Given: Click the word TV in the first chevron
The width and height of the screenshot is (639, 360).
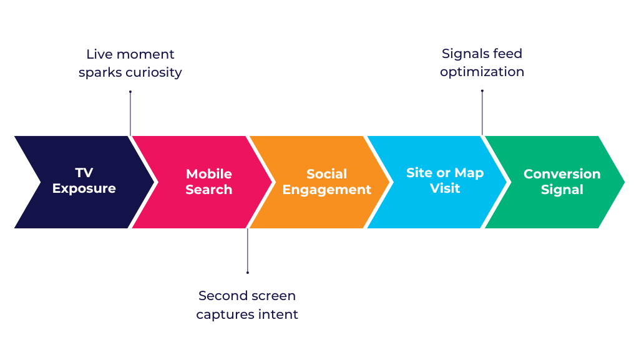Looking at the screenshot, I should pos(84,173).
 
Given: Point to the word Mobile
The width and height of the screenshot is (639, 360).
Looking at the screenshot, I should pos(208,174).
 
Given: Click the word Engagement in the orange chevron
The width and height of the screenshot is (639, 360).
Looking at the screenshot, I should pos(326,190).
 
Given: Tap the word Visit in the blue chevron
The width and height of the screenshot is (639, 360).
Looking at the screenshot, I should pos(444,188).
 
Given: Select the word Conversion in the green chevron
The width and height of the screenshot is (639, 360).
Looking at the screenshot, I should pos(562,174).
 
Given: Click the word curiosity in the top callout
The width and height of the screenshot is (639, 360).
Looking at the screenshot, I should pos(153,72).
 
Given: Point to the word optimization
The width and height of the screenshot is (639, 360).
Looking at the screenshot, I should pos(482,72).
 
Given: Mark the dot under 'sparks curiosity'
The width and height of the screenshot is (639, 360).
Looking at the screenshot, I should pos(130,92).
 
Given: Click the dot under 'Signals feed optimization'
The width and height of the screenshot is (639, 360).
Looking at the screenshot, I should pos(482,91).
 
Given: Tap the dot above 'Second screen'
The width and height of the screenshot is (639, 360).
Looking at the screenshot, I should pos(248,272).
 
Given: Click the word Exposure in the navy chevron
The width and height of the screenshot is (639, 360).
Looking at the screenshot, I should pos(84,189).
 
